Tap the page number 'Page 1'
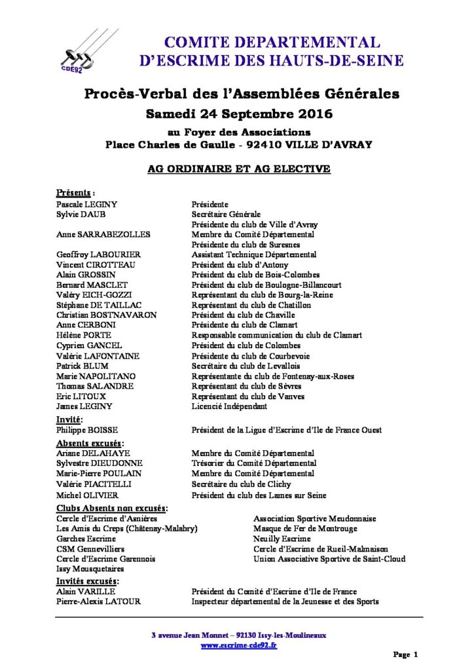click(x=406, y=654)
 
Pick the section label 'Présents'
click(x=75, y=194)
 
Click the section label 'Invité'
click(x=69, y=419)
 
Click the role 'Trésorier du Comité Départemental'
click(x=253, y=463)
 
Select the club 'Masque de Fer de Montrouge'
click(x=304, y=529)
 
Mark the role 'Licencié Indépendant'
click(x=229, y=406)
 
